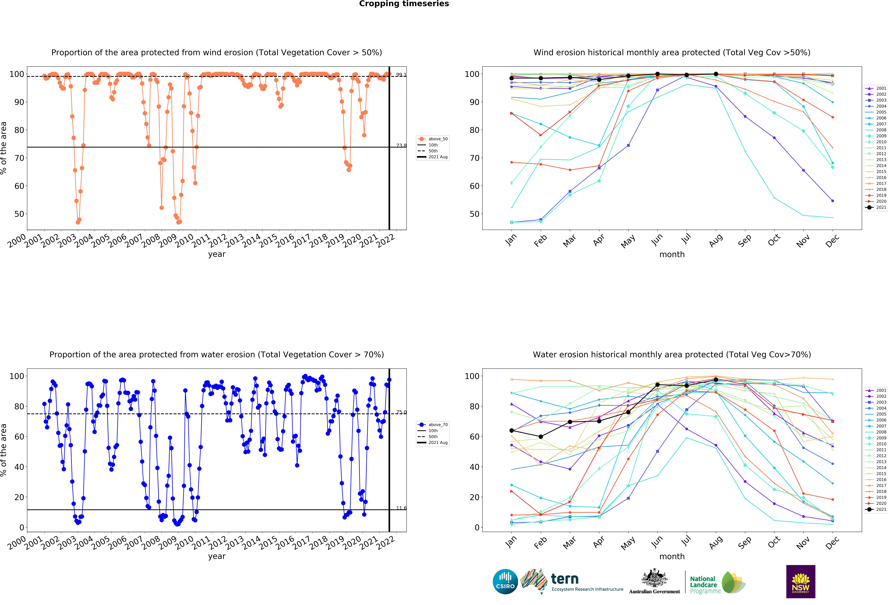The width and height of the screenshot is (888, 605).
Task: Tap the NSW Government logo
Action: point(800,581)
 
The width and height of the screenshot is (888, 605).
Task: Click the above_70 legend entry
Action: point(433,425)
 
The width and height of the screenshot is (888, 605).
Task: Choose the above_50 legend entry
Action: point(433,139)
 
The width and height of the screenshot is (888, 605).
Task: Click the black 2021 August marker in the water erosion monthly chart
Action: point(716,380)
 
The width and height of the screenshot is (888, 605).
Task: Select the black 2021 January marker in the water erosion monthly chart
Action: point(512,430)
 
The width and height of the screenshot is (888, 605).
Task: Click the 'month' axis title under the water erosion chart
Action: point(672,557)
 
